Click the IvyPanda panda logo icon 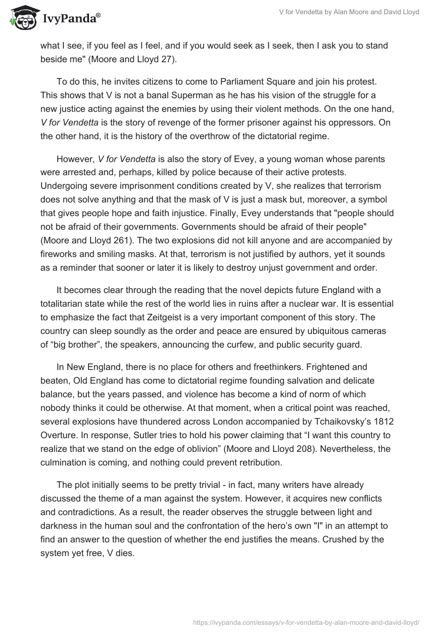pos(21,17)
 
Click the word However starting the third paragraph pos(75,159)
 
